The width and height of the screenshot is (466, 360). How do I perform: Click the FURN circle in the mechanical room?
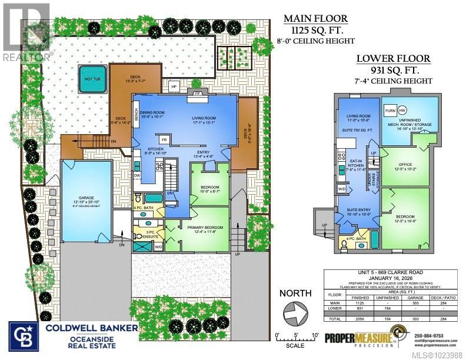click(390, 111)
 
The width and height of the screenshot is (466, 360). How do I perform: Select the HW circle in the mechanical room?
click(402, 111)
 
